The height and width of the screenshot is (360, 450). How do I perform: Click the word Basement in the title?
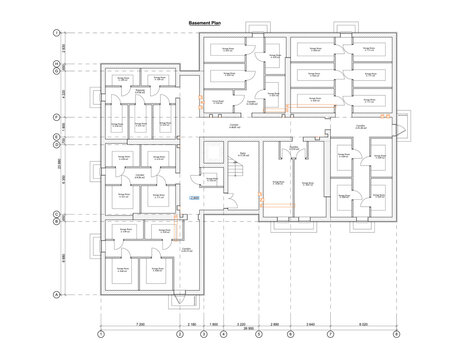tap(198, 22)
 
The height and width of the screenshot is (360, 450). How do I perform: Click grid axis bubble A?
tap(56, 294)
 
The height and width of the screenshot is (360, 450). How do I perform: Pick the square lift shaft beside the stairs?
tap(211, 152)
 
